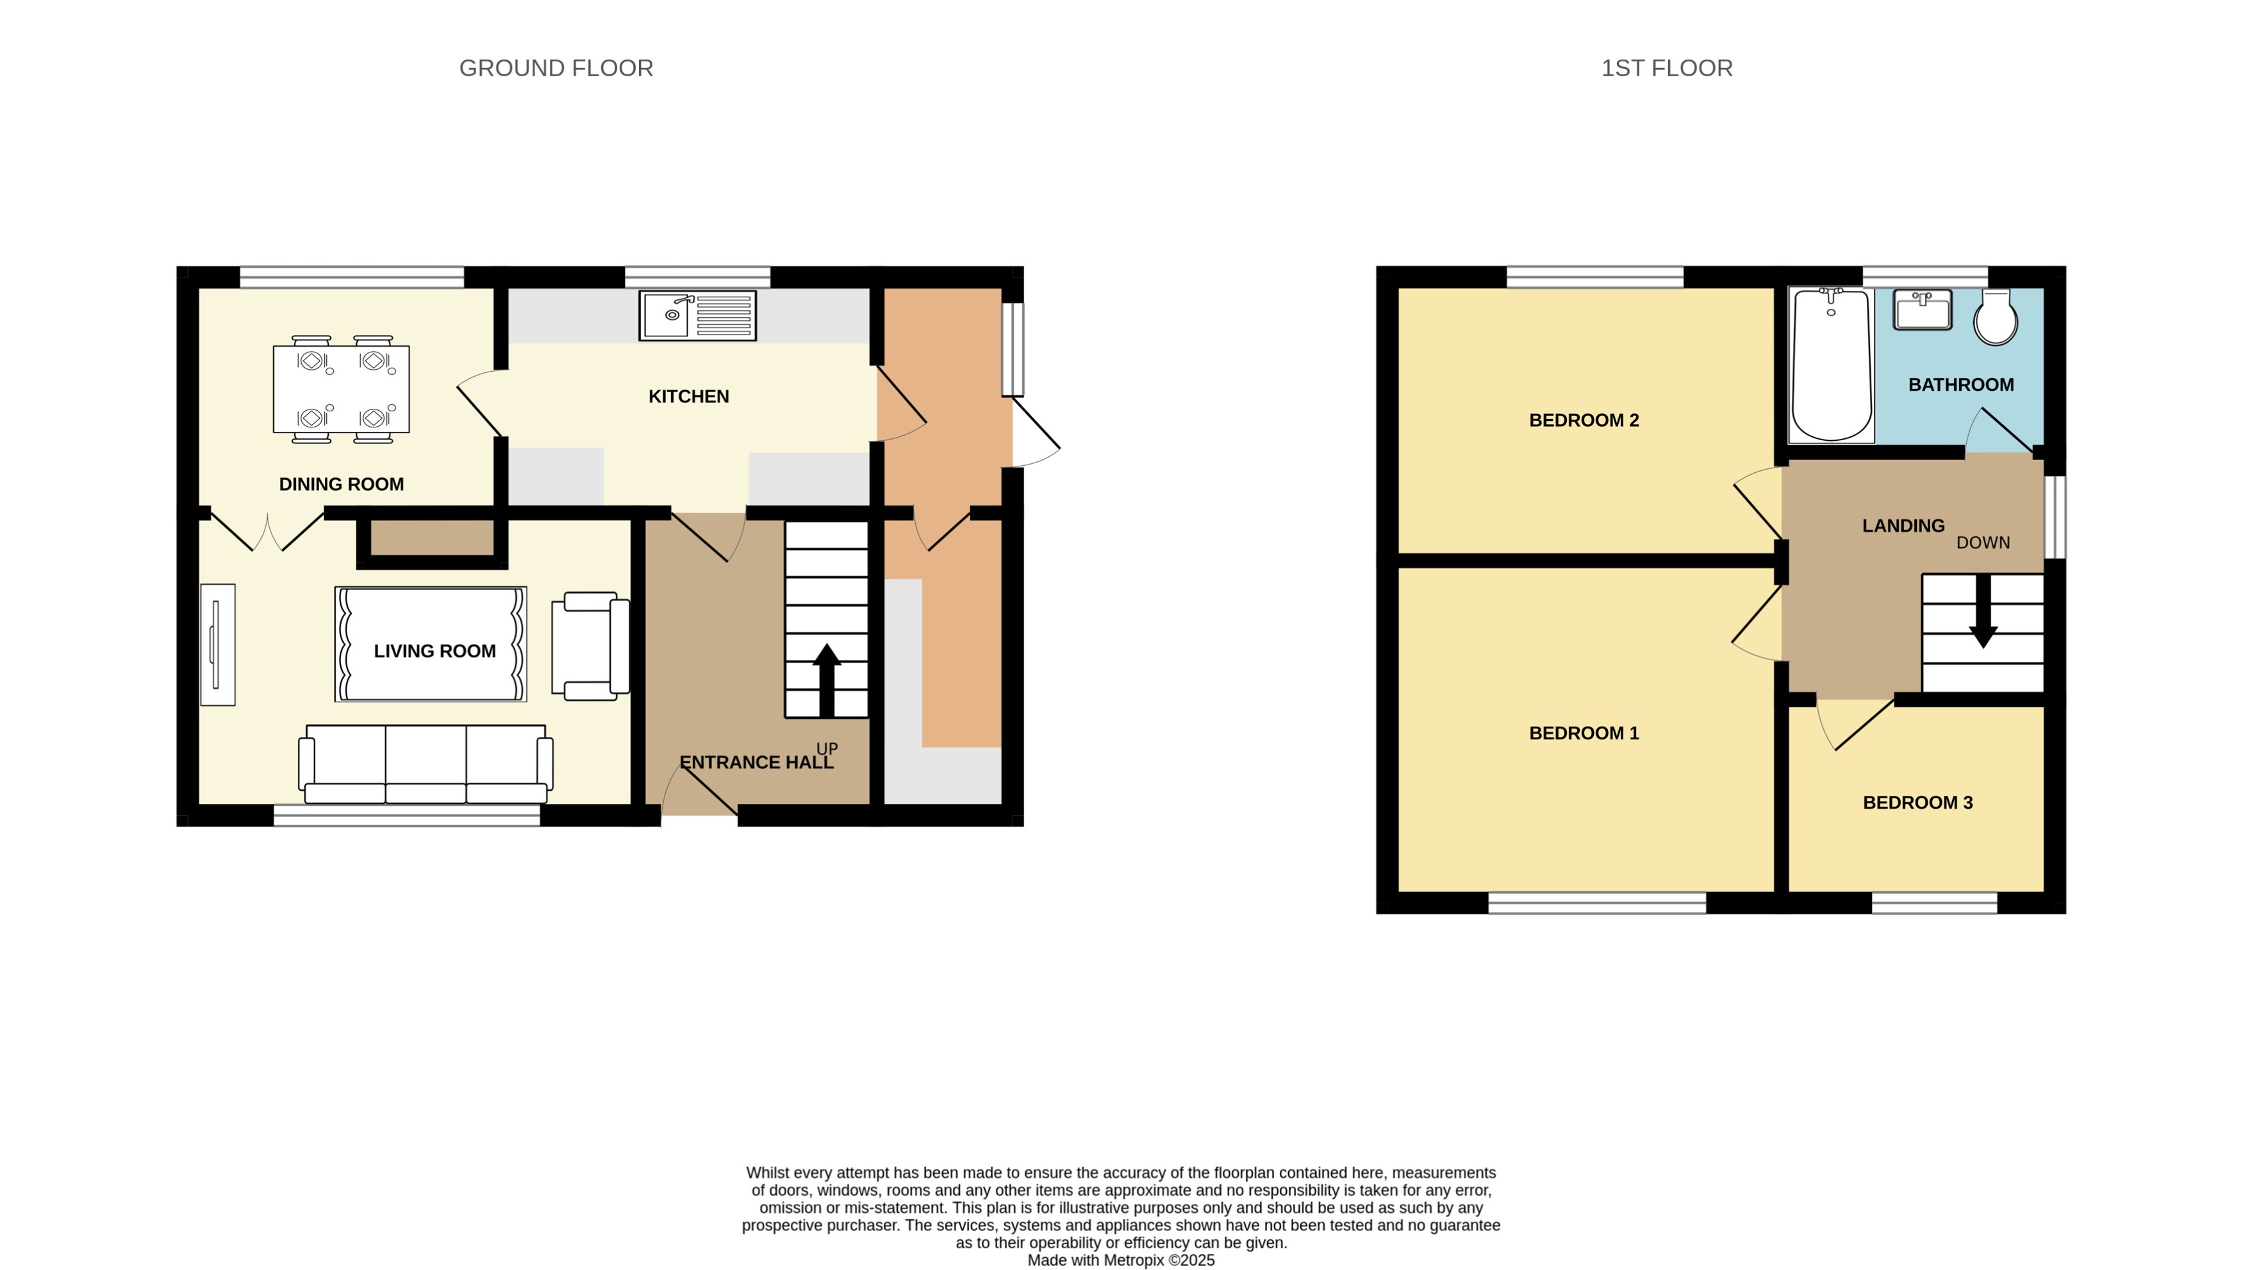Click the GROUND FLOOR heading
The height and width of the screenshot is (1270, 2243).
pyautogui.click(x=556, y=68)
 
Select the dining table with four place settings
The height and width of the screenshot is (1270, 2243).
pyautogui.click(x=341, y=388)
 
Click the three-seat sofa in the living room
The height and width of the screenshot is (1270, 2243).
pyautogui.click(x=426, y=763)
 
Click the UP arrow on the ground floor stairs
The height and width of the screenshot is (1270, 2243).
pyautogui.click(x=826, y=679)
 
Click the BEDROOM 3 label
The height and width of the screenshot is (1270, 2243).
pyautogui.click(x=1917, y=802)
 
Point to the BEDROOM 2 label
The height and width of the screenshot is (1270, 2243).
pyautogui.click(x=1584, y=420)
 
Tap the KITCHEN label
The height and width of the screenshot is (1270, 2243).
pyautogui.click(x=688, y=397)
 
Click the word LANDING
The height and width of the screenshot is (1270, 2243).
pyautogui.click(x=1903, y=526)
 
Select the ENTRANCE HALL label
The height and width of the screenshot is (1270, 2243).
pyautogui.click(x=755, y=763)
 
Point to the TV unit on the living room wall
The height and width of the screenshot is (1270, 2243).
pyautogui.click(x=217, y=645)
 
